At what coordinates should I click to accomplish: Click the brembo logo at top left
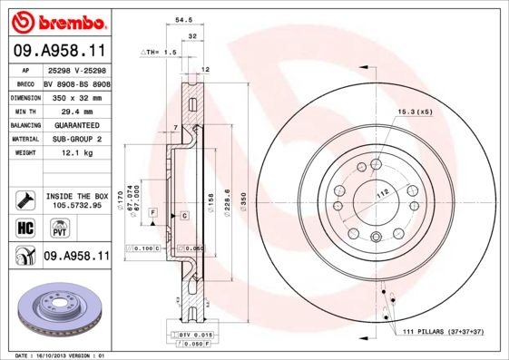point(57,20)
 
